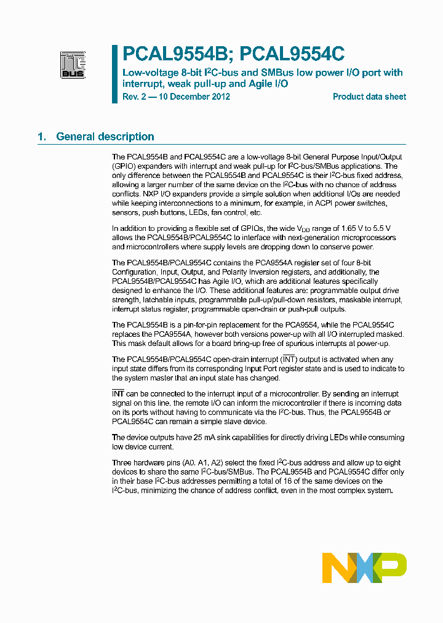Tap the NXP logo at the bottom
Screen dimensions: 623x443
coord(364,568)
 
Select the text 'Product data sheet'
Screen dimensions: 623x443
coord(369,97)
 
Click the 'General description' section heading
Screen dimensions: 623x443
coord(105,137)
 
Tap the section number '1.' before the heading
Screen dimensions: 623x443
coord(42,137)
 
